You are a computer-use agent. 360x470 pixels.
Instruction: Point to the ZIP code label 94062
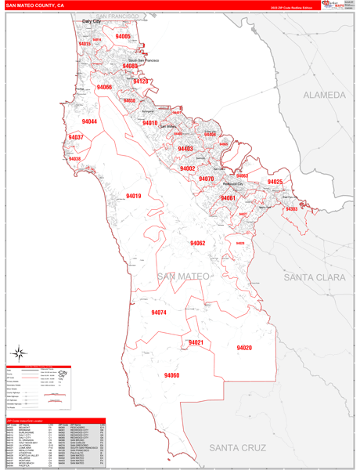pyautogui.click(x=197, y=244)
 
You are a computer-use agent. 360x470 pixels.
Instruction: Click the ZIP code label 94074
pyautogui.click(x=159, y=313)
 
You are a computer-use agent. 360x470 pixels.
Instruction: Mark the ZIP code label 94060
pyautogui.click(x=171, y=375)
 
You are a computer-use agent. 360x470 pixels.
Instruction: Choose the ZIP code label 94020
pyautogui.click(x=244, y=347)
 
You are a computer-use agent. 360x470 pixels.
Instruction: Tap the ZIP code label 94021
pyautogui.click(x=196, y=342)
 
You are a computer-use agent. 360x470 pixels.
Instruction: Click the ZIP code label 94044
pyautogui.click(x=89, y=121)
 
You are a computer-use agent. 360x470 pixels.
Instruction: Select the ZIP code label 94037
pyautogui.click(x=76, y=137)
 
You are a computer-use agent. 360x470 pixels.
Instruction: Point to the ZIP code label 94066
pyautogui.click(x=104, y=87)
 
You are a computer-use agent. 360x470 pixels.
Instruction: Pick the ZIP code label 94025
pyautogui.click(x=275, y=182)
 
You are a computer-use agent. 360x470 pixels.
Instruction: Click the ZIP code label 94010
pyautogui.click(x=149, y=123)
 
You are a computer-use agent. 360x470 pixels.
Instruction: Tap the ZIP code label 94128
pyautogui.click(x=141, y=81)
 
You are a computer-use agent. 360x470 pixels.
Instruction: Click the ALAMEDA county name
pyautogui.click(x=325, y=95)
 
